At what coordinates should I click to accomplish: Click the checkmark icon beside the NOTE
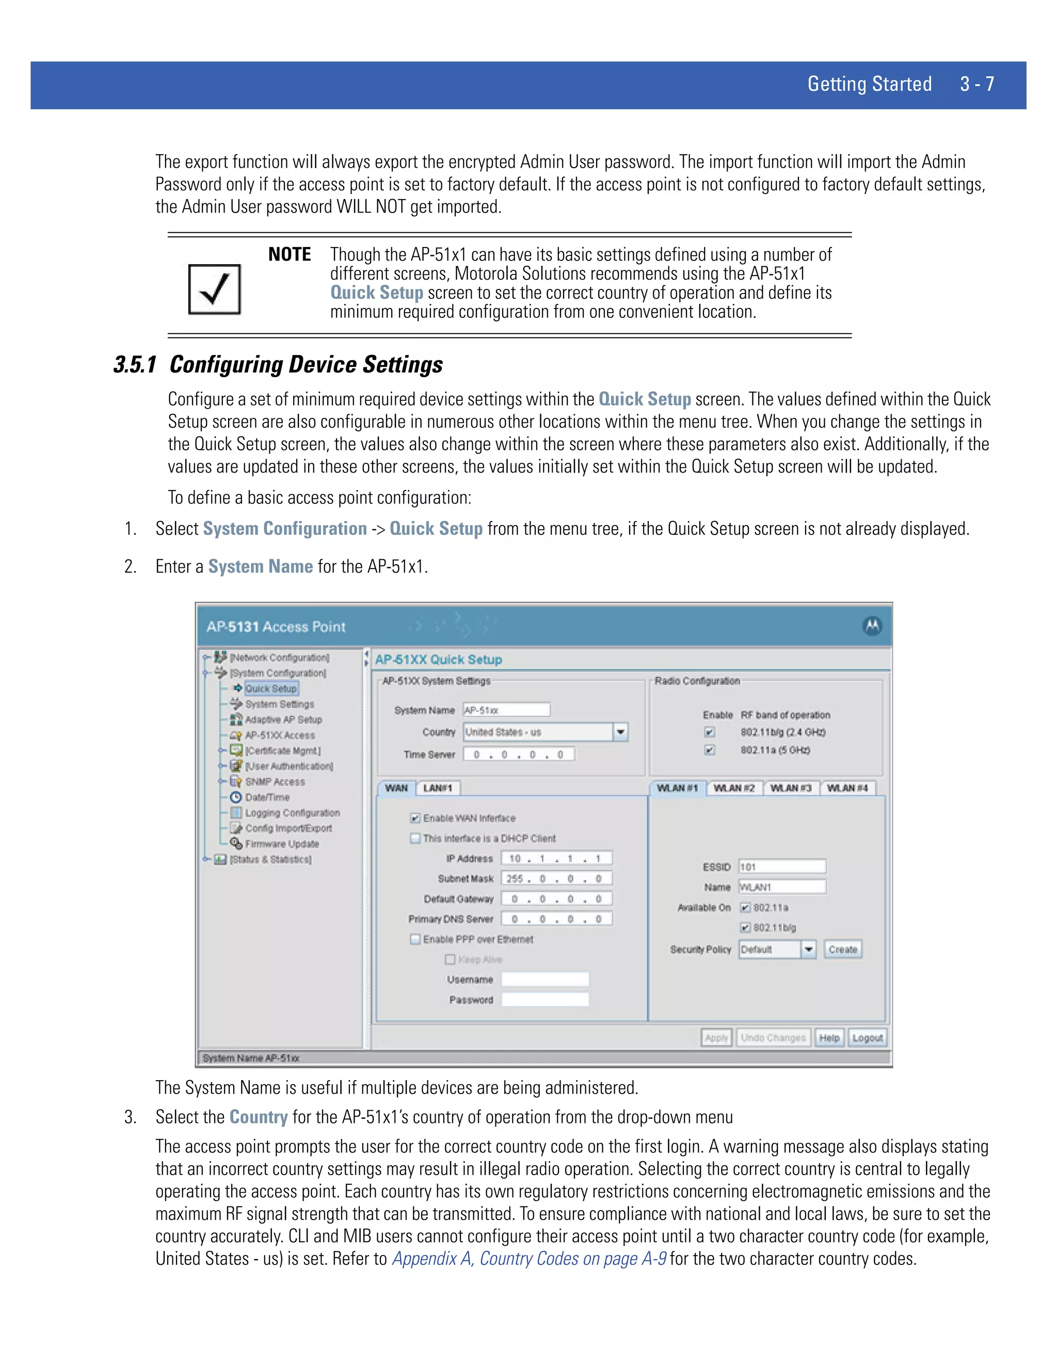(x=214, y=289)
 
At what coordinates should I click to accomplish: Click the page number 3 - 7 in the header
(x=977, y=84)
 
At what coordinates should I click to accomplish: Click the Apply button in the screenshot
(x=716, y=1038)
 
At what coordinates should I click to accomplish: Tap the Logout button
(x=867, y=1038)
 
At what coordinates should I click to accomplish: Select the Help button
(x=829, y=1038)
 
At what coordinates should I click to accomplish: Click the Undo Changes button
(x=773, y=1038)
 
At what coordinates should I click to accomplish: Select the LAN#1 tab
(x=438, y=788)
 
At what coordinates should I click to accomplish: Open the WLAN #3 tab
(x=790, y=788)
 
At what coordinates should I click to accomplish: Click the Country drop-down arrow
(x=620, y=731)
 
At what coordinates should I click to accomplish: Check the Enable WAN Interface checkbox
(x=414, y=818)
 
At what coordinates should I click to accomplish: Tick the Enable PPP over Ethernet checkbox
(x=414, y=939)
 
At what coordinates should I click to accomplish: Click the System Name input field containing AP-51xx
(x=506, y=710)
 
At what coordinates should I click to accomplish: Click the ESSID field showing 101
(x=781, y=867)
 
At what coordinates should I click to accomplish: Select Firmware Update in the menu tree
(x=282, y=844)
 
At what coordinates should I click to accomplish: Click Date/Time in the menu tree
(x=267, y=798)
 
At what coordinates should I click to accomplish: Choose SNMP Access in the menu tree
(x=275, y=782)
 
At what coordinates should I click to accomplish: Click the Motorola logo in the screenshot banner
(x=872, y=625)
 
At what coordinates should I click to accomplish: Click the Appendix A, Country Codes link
(x=529, y=1259)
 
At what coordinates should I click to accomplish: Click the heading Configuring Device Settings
(x=306, y=364)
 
